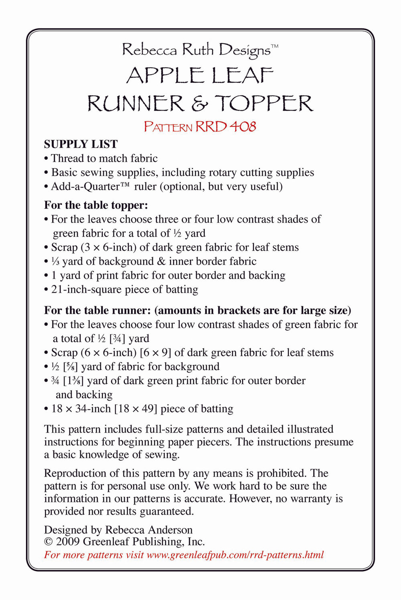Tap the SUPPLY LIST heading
(x=81, y=144)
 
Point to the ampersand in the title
(x=199, y=104)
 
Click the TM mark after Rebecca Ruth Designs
(x=275, y=46)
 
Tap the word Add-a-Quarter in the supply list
(x=85, y=187)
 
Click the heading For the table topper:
(x=96, y=205)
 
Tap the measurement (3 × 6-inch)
(x=109, y=247)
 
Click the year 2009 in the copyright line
(x=68, y=542)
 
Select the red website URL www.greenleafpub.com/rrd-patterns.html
(x=235, y=555)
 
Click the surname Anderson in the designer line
(x=170, y=530)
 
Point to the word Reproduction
(x=75, y=473)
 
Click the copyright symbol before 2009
(x=48, y=542)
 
